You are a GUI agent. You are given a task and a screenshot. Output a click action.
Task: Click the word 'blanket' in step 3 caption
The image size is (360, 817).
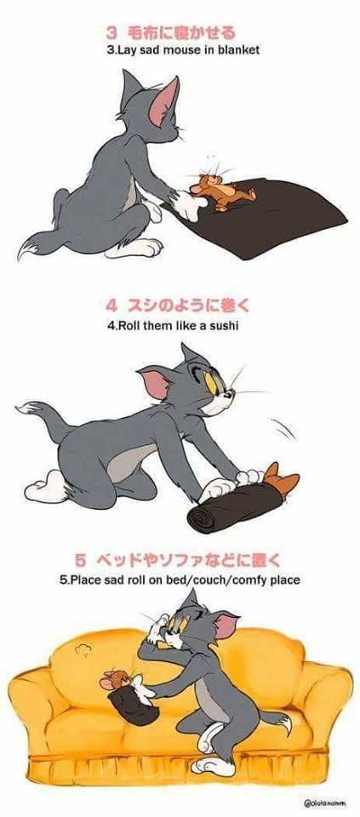(237, 50)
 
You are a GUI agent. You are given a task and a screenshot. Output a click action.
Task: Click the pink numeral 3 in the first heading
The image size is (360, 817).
(112, 33)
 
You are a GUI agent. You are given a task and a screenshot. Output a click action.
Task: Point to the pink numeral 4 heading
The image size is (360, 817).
(112, 306)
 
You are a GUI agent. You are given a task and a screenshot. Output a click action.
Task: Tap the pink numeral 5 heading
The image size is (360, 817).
(80, 561)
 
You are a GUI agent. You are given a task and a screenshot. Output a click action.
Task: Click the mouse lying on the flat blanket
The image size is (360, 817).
(221, 191)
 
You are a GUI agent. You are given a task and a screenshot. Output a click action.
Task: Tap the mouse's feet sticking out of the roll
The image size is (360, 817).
(282, 477)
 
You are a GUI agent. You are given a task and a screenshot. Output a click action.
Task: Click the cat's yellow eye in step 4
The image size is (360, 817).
(212, 383)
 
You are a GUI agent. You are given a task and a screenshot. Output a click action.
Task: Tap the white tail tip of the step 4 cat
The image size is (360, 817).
(27, 407)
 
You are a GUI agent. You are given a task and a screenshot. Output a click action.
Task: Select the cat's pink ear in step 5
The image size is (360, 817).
(226, 626)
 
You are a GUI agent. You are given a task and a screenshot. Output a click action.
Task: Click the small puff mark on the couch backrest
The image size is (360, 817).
(83, 649)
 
